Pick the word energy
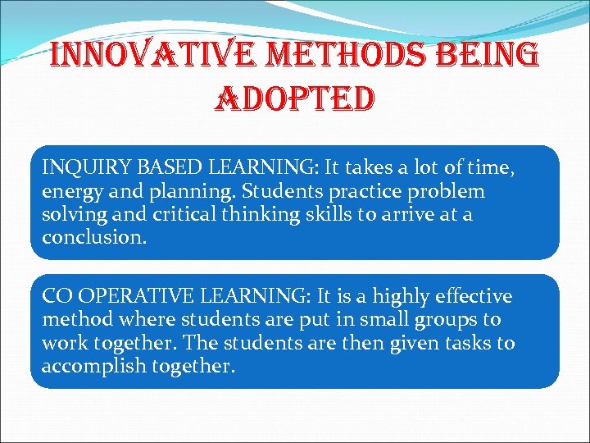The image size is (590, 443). click(72, 192)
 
